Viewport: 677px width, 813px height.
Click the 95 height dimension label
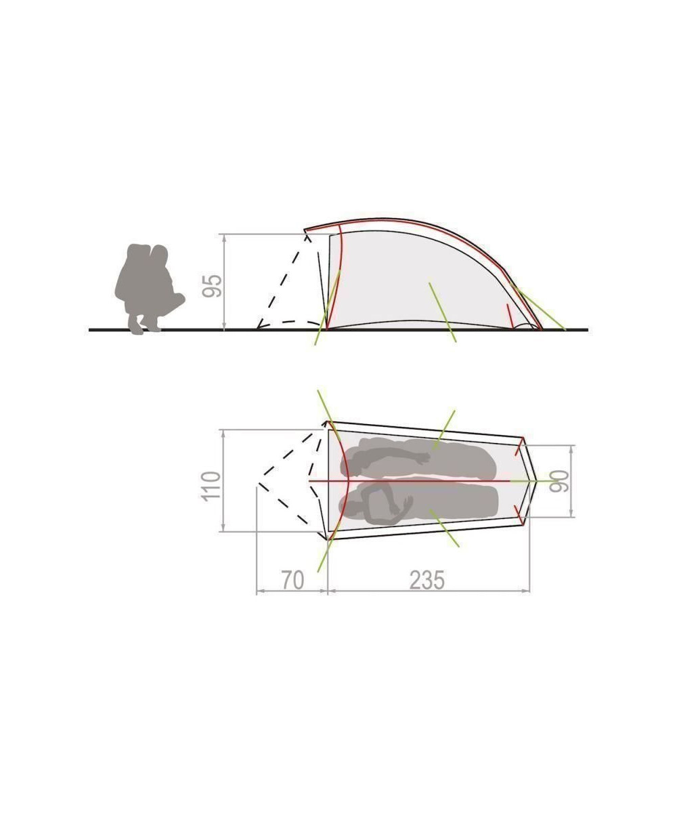(212, 286)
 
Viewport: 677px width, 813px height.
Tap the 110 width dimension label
(211, 485)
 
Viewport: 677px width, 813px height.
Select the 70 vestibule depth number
(292, 580)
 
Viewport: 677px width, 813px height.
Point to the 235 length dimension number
(427, 580)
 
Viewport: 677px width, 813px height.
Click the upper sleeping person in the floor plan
(418, 458)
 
